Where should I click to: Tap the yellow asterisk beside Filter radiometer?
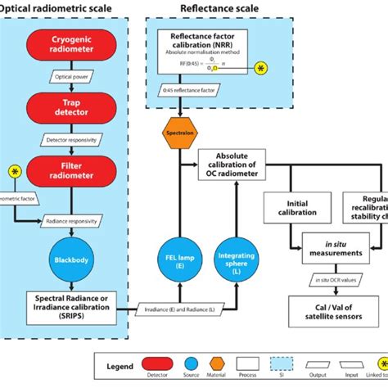coord(14,170)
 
